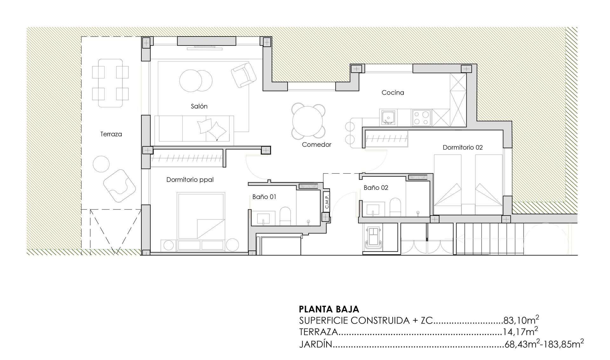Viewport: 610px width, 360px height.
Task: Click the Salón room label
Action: pyautogui.click(x=199, y=106)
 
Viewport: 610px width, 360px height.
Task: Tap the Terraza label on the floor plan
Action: pyautogui.click(x=111, y=134)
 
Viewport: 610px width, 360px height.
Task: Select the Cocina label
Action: pyautogui.click(x=393, y=92)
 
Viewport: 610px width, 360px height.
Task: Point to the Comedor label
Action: pyautogui.click(x=316, y=144)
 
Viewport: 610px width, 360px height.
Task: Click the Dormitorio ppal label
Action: pyautogui.click(x=190, y=180)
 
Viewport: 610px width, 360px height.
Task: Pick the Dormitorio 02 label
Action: pyautogui.click(x=463, y=147)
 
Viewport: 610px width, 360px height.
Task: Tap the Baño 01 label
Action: pyautogui.click(x=264, y=197)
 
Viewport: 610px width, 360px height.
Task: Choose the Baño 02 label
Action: pyautogui.click(x=376, y=188)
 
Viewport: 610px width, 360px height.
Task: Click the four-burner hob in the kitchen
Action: pyautogui.click(x=421, y=118)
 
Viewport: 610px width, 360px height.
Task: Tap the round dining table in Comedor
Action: pyautogui.click(x=308, y=121)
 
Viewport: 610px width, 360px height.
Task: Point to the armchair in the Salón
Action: pyautogui.click(x=243, y=75)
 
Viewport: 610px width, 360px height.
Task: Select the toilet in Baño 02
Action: pyautogui.click(x=395, y=207)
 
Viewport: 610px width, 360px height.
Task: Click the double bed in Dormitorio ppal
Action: pyautogui.click(x=201, y=216)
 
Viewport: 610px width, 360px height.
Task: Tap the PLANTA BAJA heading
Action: pyautogui.click(x=329, y=309)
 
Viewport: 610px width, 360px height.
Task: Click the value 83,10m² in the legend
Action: pyautogui.click(x=521, y=320)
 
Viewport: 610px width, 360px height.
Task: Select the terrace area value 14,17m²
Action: pyautogui.click(x=520, y=331)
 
